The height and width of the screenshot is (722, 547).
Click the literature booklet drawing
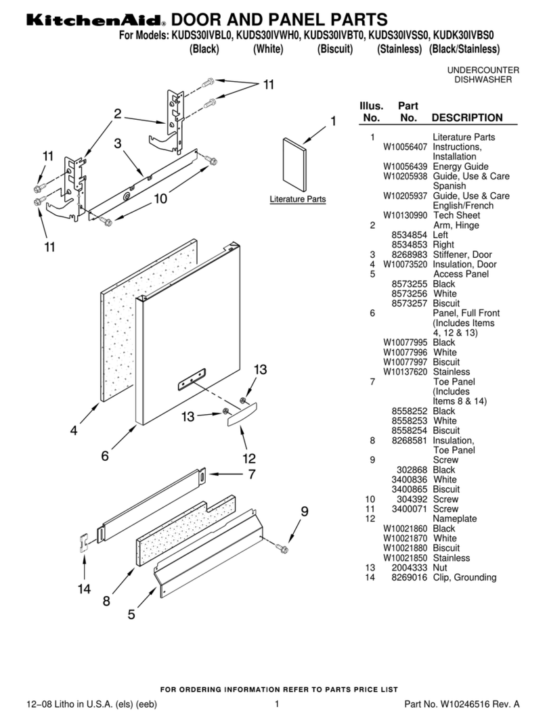pyautogui.click(x=294, y=165)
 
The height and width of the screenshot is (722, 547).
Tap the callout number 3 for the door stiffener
pyautogui.click(x=118, y=143)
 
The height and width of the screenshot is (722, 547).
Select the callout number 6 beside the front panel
pyautogui.click(x=105, y=455)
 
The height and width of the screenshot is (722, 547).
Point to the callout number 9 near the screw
pyautogui.click(x=305, y=511)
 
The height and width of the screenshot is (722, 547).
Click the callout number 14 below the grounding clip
pyautogui.click(x=84, y=589)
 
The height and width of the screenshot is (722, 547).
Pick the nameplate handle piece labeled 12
pyautogui.click(x=242, y=414)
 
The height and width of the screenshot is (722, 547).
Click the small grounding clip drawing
pyautogui.click(x=83, y=543)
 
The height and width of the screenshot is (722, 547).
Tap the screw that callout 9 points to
pyautogui.click(x=281, y=548)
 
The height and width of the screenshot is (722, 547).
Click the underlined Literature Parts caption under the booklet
pyautogui.click(x=298, y=200)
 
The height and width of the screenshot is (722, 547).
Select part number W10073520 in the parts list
pyautogui.click(x=405, y=265)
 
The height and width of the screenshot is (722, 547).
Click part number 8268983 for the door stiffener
pyautogui.click(x=409, y=254)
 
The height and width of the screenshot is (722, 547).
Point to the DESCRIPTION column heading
pyautogui.click(x=467, y=118)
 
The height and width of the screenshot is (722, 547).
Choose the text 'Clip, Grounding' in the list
pyautogui.click(x=464, y=577)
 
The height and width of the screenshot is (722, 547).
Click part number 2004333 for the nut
pyautogui.click(x=409, y=568)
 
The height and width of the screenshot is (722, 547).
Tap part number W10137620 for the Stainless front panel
pyautogui.click(x=405, y=371)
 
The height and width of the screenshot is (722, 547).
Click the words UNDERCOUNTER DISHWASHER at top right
pyautogui.click(x=483, y=74)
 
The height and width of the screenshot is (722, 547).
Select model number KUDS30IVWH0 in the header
pyautogui.click(x=267, y=35)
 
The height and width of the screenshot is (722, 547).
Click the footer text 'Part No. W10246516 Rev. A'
pyautogui.click(x=462, y=704)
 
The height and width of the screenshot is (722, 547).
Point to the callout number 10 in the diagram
pyautogui.click(x=160, y=198)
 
